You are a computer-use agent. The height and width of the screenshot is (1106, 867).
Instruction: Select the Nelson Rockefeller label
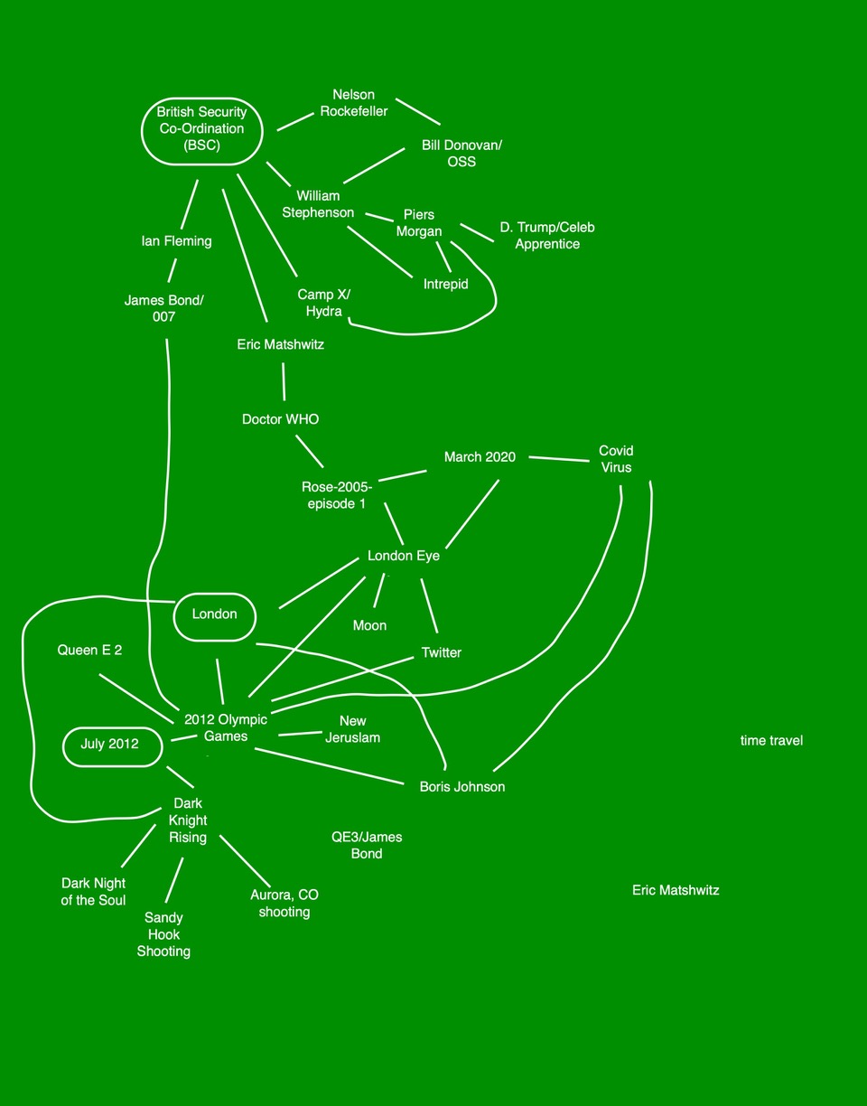click(x=354, y=103)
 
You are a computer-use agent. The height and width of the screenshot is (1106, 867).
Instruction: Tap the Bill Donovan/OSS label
click(x=449, y=154)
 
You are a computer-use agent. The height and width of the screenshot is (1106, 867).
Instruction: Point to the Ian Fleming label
click(x=177, y=241)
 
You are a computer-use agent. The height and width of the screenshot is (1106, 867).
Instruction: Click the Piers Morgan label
click(x=419, y=223)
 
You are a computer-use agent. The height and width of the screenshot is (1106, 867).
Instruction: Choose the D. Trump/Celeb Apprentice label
click(x=547, y=235)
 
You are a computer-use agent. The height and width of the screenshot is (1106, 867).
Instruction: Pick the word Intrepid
click(x=446, y=284)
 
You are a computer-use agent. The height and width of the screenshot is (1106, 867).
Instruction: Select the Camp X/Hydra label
click(x=323, y=304)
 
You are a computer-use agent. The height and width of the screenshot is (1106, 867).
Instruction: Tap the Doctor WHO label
click(x=281, y=419)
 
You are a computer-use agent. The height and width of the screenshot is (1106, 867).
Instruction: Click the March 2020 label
click(x=480, y=457)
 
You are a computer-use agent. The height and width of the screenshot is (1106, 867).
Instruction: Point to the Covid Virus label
click(x=616, y=459)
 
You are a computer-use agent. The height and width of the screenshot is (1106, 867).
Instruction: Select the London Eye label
click(x=404, y=556)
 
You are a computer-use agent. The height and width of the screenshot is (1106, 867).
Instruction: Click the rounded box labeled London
click(x=215, y=615)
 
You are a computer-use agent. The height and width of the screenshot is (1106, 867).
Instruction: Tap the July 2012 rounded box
click(x=110, y=745)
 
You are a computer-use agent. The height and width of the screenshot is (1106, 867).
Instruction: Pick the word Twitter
click(x=442, y=652)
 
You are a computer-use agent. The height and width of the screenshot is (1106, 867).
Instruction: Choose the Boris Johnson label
click(x=462, y=787)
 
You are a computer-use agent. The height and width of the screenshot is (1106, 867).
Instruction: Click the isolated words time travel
click(x=771, y=741)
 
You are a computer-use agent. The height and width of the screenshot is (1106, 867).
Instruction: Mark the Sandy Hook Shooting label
click(x=163, y=934)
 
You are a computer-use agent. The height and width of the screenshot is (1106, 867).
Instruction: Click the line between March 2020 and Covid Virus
click(x=559, y=459)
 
